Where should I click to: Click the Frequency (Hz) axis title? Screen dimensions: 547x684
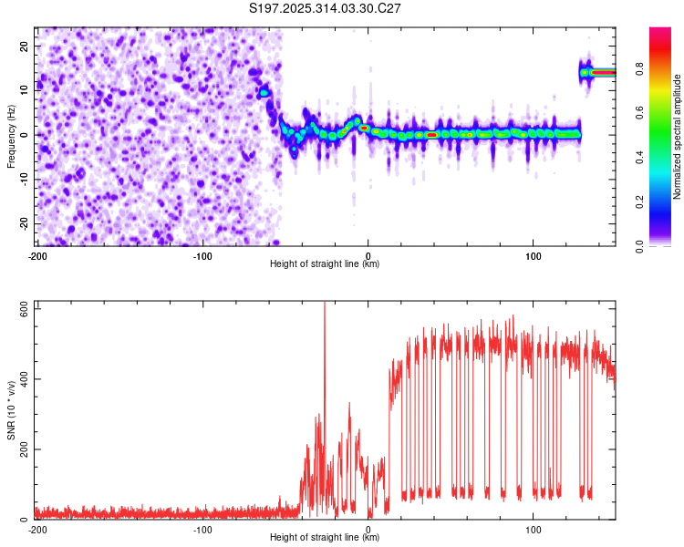coord(11,135)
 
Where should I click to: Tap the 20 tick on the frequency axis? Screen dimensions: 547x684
coord(24,46)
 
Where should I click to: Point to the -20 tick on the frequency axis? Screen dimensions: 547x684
coord(22,224)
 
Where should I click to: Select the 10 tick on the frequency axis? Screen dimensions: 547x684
coord(24,90)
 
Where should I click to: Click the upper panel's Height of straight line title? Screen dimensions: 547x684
coord(326,264)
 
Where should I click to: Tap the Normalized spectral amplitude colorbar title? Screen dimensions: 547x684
coord(678,137)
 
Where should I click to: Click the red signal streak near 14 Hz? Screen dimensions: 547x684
coord(603,72)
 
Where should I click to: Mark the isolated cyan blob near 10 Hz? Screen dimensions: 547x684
coord(264,92)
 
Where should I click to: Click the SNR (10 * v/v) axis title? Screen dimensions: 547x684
coord(11,410)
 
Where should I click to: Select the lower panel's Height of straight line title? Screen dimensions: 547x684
coord(326,538)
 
